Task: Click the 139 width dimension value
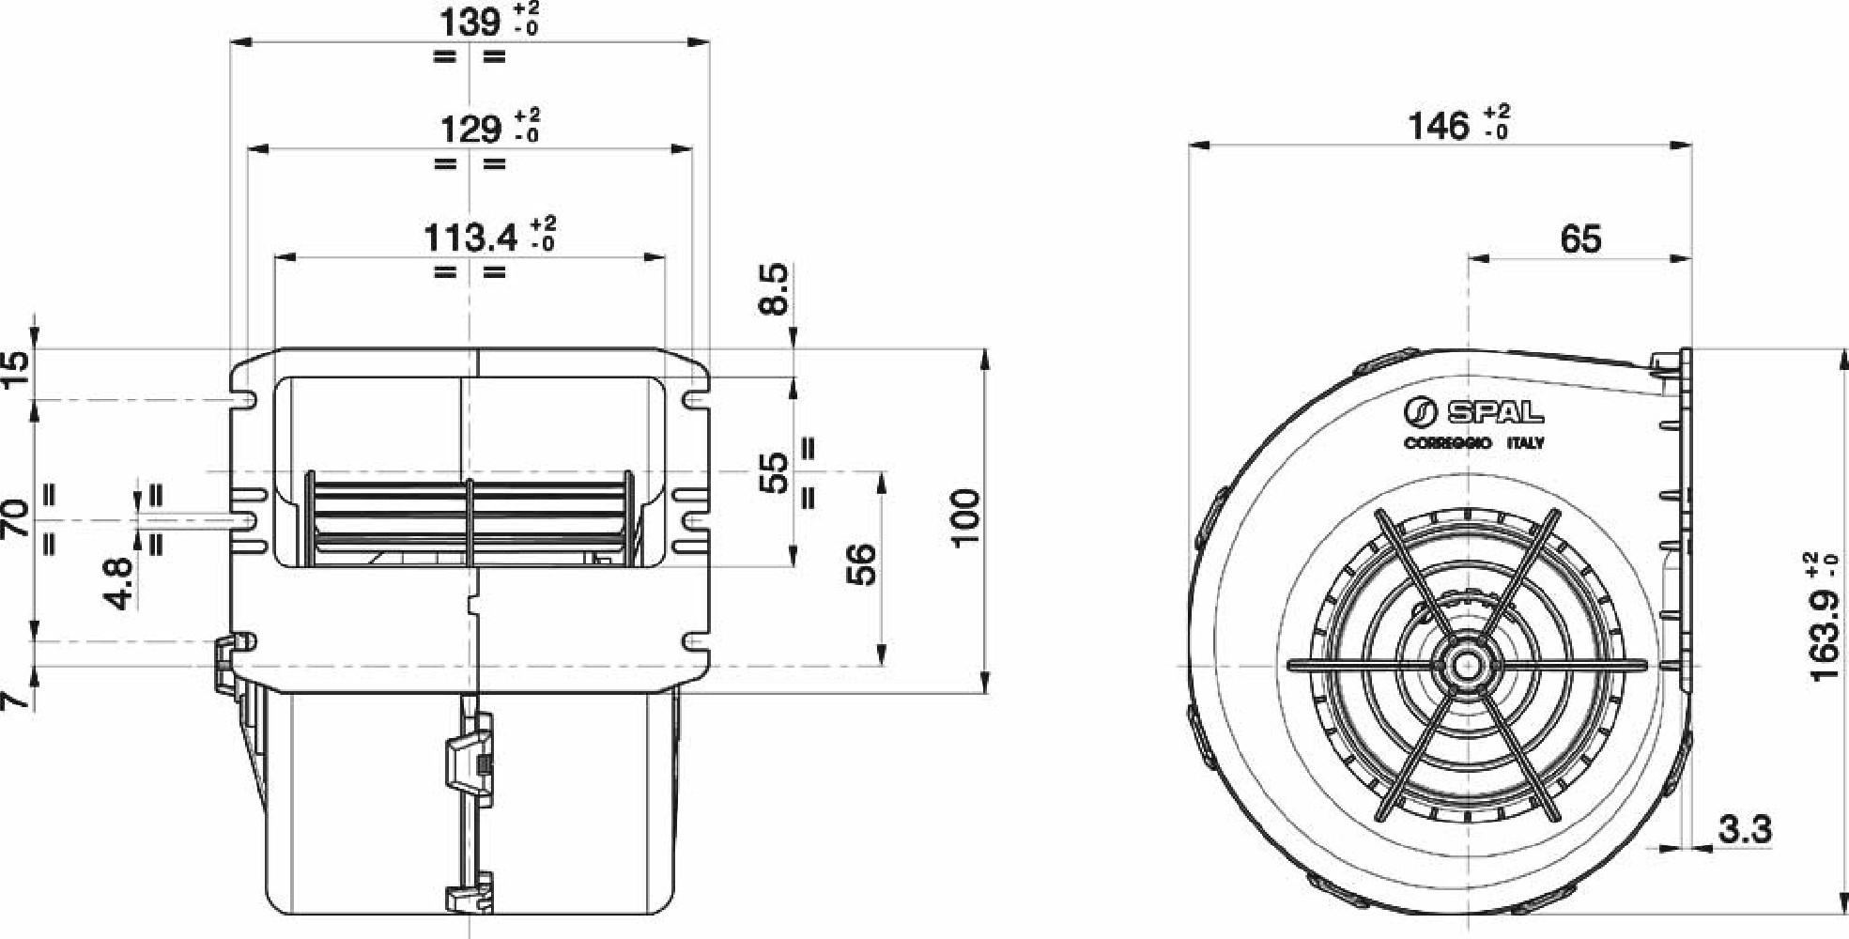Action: point(471,21)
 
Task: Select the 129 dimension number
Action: point(471,129)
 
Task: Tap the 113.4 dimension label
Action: point(470,238)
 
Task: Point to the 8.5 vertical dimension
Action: point(774,289)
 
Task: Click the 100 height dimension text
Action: point(964,516)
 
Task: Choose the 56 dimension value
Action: point(860,563)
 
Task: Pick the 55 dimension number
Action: point(774,472)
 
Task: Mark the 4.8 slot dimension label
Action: point(120,582)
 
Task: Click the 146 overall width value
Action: point(1437,126)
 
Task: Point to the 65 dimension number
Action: point(1580,239)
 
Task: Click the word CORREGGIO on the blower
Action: point(1446,443)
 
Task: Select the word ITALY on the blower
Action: point(1525,443)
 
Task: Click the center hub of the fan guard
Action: point(1466,665)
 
